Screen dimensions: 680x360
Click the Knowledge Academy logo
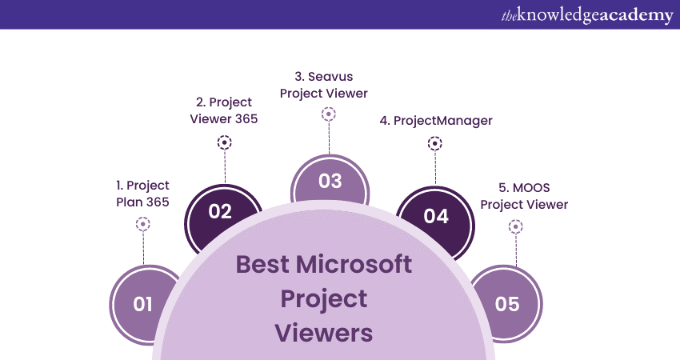click(587, 16)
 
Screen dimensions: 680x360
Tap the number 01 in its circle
click(142, 304)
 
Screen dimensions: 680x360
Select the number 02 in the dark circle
click(220, 212)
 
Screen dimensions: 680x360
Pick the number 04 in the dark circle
click(436, 216)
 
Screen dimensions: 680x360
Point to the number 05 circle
click(506, 304)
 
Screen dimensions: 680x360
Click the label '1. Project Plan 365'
click(142, 194)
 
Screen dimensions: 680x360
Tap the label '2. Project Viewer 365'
click(224, 110)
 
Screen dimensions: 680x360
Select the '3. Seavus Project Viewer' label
click(323, 85)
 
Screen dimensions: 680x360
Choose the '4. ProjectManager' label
click(436, 121)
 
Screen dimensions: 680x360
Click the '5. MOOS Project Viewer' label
click(524, 196)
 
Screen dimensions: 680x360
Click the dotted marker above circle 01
click(142, 224)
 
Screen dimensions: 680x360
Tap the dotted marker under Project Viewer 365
click(224, 142)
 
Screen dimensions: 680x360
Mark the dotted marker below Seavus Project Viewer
click(329, 114)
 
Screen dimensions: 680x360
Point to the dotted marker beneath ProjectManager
click(435, 143)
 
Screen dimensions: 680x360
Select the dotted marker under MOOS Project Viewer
click(516, 226)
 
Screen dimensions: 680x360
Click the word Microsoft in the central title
click(354, 264)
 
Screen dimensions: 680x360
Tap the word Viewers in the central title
click(323, 333)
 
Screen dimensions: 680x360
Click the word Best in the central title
click(262, 264)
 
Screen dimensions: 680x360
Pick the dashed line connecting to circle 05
click(516, 250)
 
